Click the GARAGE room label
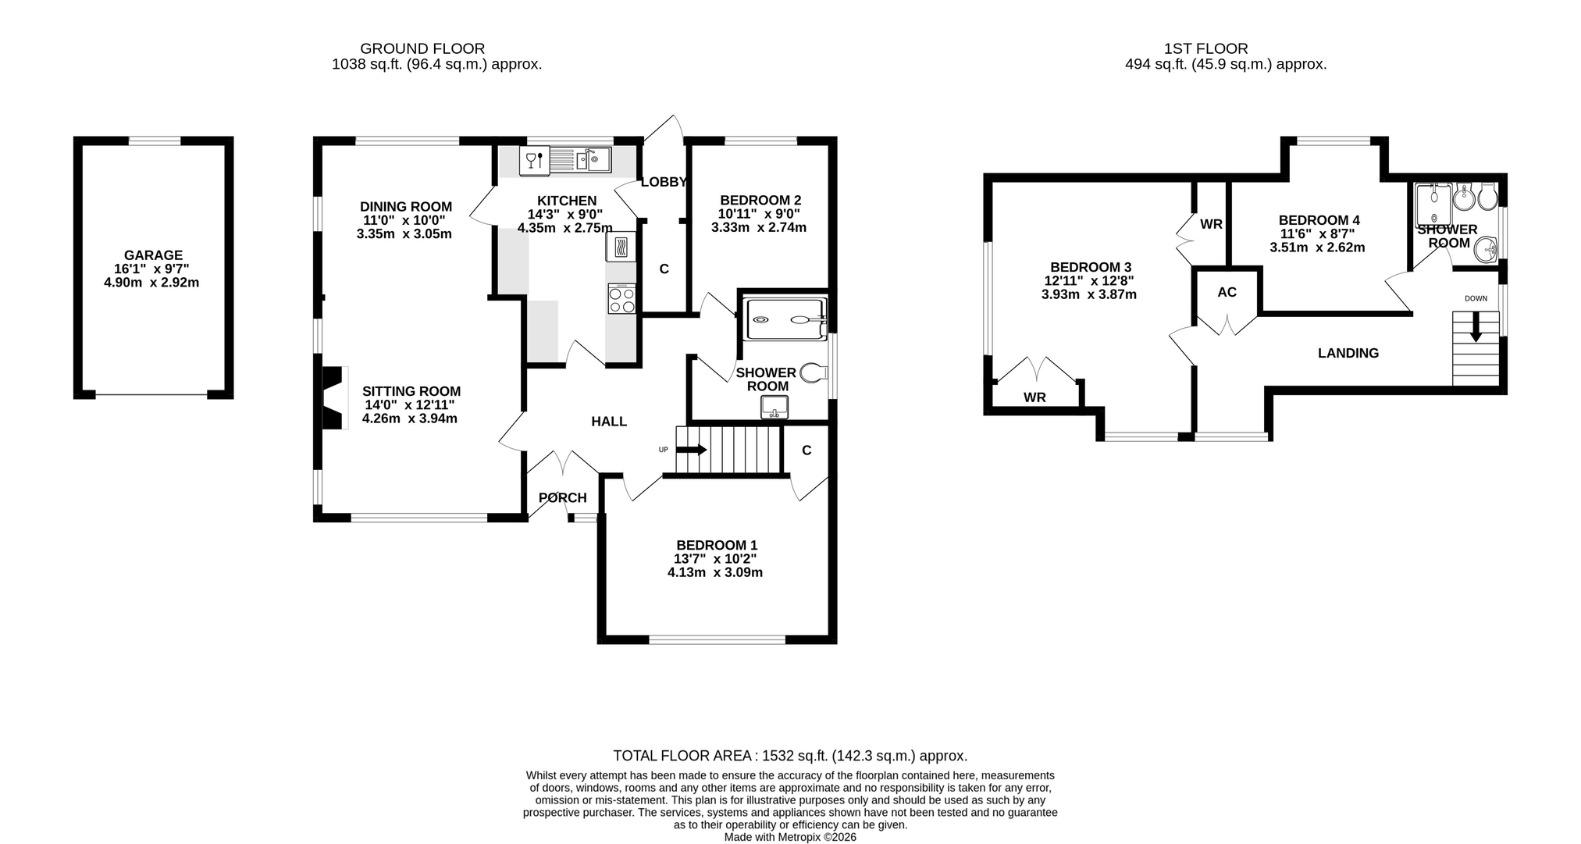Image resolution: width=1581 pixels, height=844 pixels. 153,255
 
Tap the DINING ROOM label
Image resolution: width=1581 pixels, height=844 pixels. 405,207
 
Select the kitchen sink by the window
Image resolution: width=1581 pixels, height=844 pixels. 593,161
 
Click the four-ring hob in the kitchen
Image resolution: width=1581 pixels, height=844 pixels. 621,300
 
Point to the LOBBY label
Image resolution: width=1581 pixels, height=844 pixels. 664,183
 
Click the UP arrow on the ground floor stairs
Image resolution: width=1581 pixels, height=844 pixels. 692,450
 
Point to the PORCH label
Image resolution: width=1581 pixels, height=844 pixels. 563,498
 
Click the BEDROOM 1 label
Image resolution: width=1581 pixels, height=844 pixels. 717,545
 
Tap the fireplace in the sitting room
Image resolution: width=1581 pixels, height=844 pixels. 333,397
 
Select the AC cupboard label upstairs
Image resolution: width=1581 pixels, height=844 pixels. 1227,293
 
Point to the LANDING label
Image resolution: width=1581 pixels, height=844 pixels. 1348,354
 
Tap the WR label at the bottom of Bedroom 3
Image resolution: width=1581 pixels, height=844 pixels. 1034,397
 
